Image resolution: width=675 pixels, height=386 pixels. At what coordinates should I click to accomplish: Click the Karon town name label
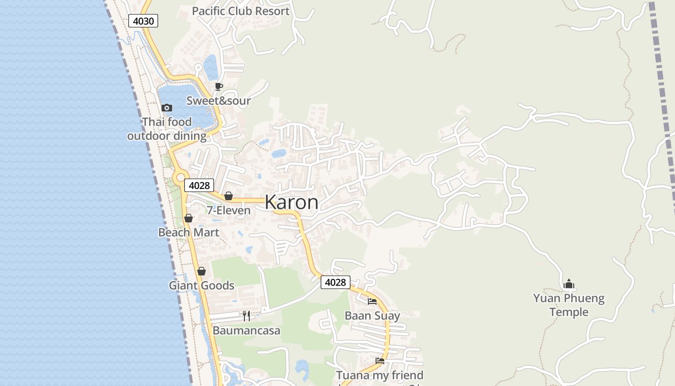tap(291, 202)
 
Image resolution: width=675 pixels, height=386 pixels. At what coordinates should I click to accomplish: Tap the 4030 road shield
tap(143, 21)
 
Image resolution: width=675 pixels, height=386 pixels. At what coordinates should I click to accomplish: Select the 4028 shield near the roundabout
tap(199, 185)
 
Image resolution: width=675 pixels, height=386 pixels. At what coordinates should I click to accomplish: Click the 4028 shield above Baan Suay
tap(335, 282)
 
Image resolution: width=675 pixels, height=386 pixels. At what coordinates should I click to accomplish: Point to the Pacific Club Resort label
tap(241, 11)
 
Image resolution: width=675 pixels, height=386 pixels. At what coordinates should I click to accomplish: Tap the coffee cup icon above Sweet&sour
tap(218, 87)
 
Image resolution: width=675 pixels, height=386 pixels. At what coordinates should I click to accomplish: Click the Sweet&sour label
tap(218, 101)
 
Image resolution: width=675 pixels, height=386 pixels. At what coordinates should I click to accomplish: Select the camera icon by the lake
tap(167, 108)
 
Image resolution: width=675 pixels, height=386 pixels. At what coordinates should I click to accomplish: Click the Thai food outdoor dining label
tap(167, 129)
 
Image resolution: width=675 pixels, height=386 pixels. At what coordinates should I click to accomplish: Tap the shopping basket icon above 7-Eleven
tap(229, 196)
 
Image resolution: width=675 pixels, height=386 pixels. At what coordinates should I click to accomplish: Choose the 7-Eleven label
tap(229, 210)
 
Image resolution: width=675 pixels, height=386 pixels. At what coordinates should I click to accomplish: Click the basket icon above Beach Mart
tap(189, 218)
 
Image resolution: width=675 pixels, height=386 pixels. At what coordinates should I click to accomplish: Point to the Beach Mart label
tap(189, 233)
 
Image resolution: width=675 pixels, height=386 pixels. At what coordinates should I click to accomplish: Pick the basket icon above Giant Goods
tap(202, 271)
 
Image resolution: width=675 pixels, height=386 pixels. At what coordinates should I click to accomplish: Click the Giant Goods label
tap(202, 286)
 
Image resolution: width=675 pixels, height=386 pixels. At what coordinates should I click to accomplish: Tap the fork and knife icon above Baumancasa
tap(246, 316)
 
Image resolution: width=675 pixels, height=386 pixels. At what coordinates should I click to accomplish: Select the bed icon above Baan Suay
tap(372, 302)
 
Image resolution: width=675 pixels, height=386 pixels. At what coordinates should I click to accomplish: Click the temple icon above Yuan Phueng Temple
tap(569, 284)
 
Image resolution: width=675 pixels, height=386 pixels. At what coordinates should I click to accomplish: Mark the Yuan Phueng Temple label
tap(569, 305)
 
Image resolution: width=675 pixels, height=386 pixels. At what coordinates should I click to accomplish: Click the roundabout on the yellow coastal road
tap(181, 178)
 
